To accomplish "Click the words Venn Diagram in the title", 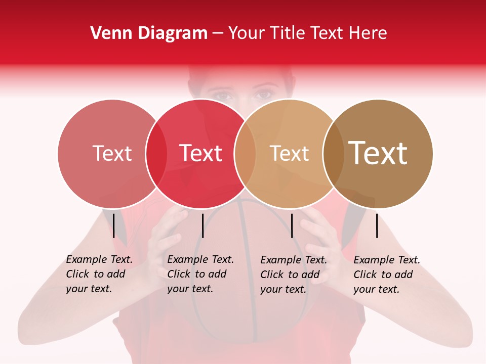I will pyautogui.click(x=149, y=33).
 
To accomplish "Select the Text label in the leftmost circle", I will pyautogui.click(x=112, y=153).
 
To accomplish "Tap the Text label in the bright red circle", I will pyautogui.click(x=200, y=153).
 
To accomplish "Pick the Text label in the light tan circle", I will pyautogui.click(x=289, y=153).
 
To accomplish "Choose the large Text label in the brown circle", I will pyautogui.click(x=378, y=153).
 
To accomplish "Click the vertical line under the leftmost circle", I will pyautogui.click(x=114, y=225).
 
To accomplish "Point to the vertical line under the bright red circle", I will pyautogui.click(x=202, y=225).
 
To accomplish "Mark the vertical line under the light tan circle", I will pyautogui.click(x=292, y=225).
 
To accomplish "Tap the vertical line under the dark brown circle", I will pyautogui.click(x=377, y=225).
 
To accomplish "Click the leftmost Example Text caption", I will pyautogui.click(x=99, y=274).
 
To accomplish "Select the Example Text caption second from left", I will pyautogui.click(x=200, y=274).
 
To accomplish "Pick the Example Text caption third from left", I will pyautogui.click(x=293, y=274).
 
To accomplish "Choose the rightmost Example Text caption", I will pyautogui.click(x=386, y=274).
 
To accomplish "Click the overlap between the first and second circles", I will pyautogui.click(x=156, y=153).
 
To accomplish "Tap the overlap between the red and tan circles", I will pyautogui.click(x=245, y=153).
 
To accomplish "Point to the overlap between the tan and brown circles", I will pyautogui.click(x=333, y=153).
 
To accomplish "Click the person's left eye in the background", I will pyautogui.click(x=263, y=95).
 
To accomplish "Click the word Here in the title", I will pyautogui.click(x=368, y=33).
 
